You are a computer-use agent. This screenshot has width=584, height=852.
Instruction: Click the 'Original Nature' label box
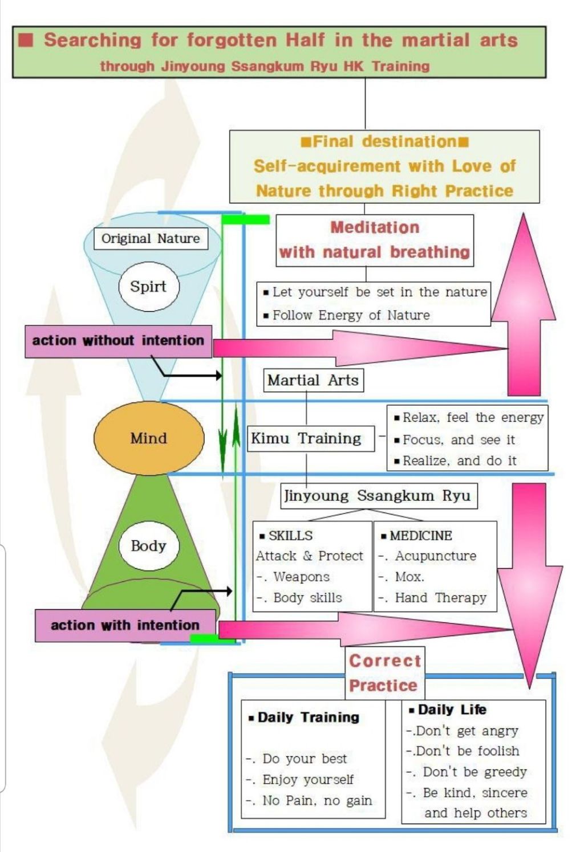tap(151, 238)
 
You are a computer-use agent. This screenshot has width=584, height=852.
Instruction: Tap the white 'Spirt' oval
tap(148, 287)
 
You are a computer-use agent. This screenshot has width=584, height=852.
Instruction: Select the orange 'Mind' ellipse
tap(149, 438)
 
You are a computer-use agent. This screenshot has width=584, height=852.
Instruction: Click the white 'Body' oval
tap(148, 545)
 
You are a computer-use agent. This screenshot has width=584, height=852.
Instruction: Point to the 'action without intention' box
tap(118, 341)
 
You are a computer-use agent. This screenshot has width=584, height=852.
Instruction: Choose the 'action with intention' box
tap(125, 625)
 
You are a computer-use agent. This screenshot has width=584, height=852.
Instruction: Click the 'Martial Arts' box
tap(313, 380)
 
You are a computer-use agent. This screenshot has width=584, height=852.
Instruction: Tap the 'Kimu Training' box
tap(306, 438)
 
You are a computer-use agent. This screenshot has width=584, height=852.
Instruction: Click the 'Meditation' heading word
tap(375, 227)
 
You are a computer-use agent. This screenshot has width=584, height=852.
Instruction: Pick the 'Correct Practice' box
tap(384, 672)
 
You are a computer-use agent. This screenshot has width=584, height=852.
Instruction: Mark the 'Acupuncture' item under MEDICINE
tap(435, 556)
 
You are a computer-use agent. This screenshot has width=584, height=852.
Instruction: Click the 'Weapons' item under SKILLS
tap(301, 577)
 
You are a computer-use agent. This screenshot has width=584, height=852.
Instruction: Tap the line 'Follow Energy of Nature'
tap(351, 315)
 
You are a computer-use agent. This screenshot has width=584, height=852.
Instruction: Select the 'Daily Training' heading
tap(308, 717)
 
